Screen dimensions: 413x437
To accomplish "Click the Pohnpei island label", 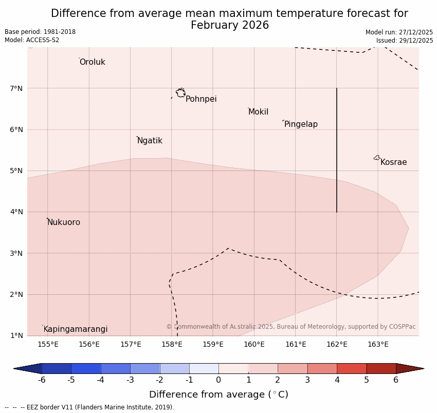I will [x=201, y=99].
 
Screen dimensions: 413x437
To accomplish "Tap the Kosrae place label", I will [x=393, y=162].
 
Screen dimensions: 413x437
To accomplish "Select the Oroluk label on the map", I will [x=92, y=62].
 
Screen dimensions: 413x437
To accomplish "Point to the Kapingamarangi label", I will [x=76, y=329].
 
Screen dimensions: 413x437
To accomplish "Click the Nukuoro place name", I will [x=64, y=222].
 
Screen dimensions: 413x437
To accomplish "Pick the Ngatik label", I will [x=150, y=141].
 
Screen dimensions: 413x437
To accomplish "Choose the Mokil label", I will [x=258, y=112].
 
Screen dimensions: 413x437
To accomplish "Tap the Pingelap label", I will [x=301, y=124].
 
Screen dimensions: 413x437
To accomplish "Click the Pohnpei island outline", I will [x=180, y=93].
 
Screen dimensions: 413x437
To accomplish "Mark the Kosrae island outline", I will [x=377, y=158].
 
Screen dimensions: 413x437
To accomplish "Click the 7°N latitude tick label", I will [x=16, y=88].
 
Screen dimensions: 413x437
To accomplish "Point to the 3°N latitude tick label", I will [x=16, y=253].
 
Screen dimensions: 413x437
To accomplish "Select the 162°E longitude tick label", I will [x=337, y=344].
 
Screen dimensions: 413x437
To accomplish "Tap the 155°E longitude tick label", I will [x=48, y=344].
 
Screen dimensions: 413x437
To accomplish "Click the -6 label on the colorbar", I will [x=42, y=380].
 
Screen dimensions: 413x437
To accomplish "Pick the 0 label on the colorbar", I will [x=219, y=380].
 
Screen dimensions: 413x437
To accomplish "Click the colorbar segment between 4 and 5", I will [x=352, y=368].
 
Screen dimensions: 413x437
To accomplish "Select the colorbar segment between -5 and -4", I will [x=86, y=368].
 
